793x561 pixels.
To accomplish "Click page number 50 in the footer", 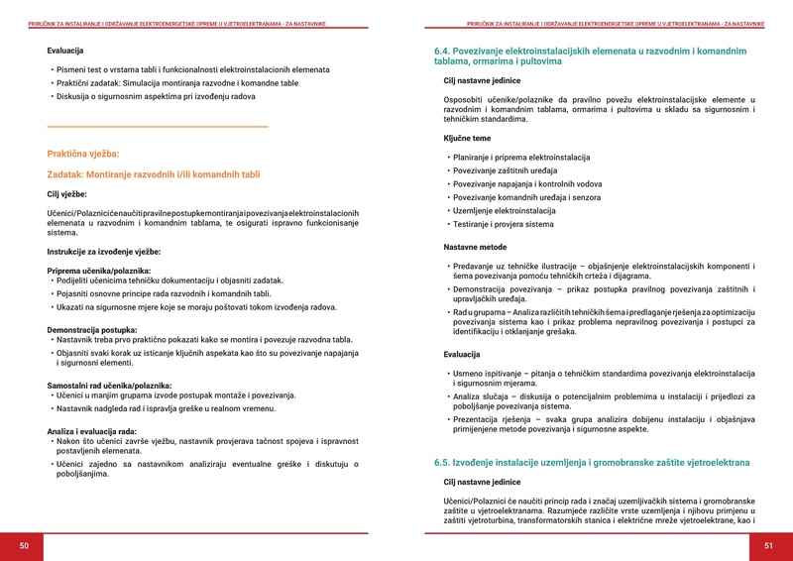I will [x=24, y=546].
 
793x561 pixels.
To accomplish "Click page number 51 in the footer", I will [x=768, y=546].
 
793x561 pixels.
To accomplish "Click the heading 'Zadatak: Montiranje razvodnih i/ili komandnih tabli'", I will [x=154, y=174].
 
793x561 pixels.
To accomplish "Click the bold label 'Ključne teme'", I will [x=467, y=138].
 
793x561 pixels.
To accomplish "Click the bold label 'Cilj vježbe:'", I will [x=67, y=193].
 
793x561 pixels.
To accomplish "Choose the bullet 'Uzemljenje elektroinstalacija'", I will [x=504, y=210].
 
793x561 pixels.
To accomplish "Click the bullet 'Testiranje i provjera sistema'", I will [x=503, y=224].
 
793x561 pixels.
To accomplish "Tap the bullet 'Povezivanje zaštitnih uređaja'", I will [x=502, y=170].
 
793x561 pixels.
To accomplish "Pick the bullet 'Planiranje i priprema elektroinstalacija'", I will [x=520, y=158].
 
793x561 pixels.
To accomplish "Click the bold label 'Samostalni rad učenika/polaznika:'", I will [x=109, y=385].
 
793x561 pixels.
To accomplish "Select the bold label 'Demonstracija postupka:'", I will [x=92, y=329].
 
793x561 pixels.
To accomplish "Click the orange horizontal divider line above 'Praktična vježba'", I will [x=158, y=127].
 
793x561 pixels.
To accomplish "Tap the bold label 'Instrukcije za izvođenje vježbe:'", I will [x=104, y=252].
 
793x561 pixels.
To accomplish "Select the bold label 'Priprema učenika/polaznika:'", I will [x=99, y=271].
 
